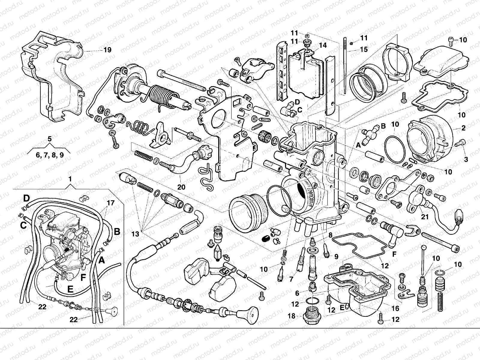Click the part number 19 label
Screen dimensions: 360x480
coord(107,50)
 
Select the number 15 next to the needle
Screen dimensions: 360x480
coord(364,49)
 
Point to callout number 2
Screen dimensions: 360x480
coord(463,128)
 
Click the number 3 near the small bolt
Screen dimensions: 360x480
coord(466,160)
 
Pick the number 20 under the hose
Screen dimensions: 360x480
coord(181,187)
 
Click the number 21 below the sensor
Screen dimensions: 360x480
coord(425,217)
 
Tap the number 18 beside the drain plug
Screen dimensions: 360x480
coord(292,316)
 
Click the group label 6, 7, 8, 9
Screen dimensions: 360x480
coord(49,155)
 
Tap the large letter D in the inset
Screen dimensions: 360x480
coord(27,198)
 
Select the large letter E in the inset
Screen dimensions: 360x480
coord(70,289)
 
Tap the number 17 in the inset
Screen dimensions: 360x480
coord(111,203)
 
